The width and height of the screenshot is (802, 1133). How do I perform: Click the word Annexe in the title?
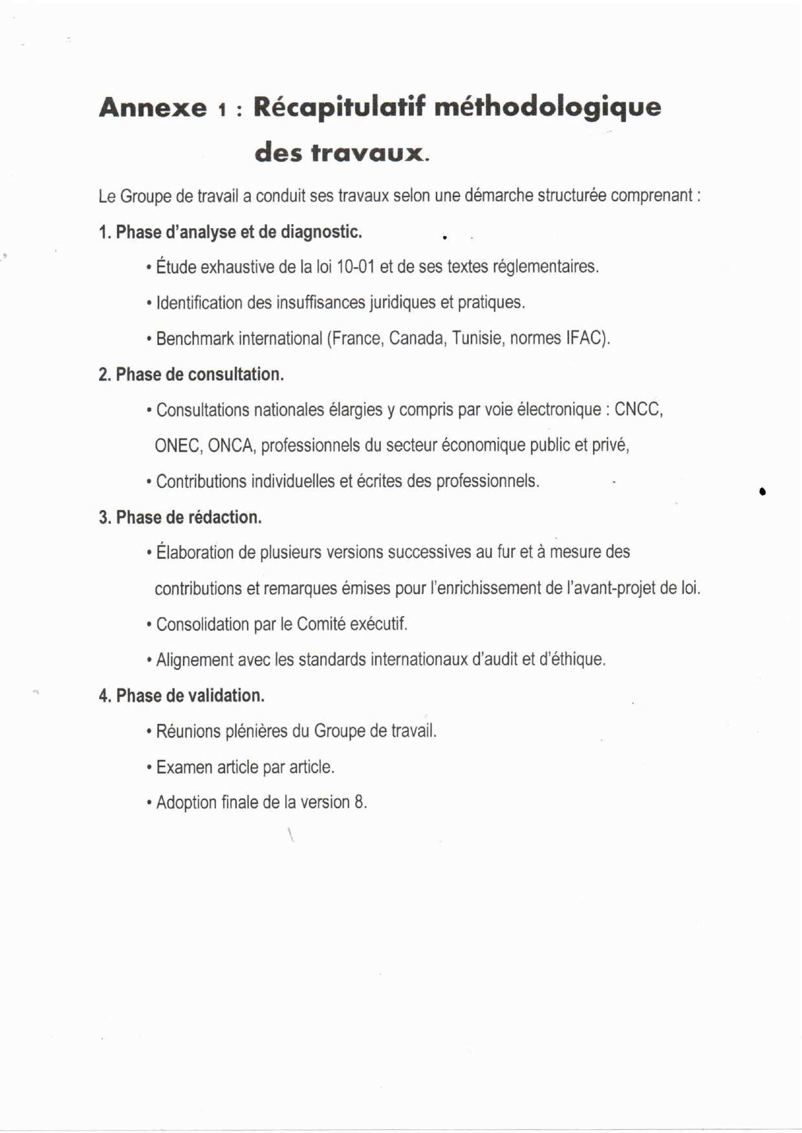tap(153, 107)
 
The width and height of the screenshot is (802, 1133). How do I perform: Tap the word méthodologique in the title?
tap(547, 107)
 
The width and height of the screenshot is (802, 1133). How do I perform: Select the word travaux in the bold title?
tap(367, 153)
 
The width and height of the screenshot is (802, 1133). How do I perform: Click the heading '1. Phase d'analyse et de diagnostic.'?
tap(230, 232)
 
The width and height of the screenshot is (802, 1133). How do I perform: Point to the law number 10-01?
tap(356, 267)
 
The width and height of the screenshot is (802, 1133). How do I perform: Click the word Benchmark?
tap(194, 339)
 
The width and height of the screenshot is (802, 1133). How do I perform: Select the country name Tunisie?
tap(477, 339)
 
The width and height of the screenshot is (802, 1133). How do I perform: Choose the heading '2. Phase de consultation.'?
tap(191, 375)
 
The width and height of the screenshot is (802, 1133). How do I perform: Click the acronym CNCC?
tap(638, 410)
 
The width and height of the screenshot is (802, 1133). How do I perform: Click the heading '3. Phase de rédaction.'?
tap(180, 518)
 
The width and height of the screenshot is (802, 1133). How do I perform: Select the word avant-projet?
tap(606, 589)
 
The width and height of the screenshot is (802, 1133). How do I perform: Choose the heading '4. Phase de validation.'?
tap(182, 696)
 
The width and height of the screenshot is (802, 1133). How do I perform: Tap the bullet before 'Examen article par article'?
tap(149, 768)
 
